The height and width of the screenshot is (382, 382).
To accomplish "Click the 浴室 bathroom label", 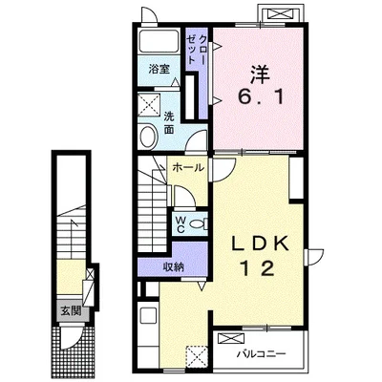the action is [159, 69].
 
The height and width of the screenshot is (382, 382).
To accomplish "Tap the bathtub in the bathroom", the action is [159, 41].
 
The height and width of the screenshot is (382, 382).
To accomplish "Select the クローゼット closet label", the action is [196, 50].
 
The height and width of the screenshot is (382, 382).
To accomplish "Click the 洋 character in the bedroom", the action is [260, 75].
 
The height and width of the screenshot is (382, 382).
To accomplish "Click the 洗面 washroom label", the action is [169, 123].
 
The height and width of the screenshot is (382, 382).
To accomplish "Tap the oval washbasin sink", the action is [149, 137].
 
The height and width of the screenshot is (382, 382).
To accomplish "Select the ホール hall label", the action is [188, 167].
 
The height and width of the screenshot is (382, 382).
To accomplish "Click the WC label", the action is [180, 224].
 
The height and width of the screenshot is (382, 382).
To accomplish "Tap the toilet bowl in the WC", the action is [199, 224].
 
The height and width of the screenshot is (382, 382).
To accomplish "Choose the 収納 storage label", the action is [174, 266].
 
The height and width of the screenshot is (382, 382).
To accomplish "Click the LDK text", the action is [260, 244].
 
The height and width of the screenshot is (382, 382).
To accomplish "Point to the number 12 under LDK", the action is [259, 268].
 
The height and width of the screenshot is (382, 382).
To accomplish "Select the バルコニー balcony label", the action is [262, 353].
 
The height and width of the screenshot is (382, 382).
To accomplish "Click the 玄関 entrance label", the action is [71, 310].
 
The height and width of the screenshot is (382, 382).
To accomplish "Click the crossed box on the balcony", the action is [230, 338].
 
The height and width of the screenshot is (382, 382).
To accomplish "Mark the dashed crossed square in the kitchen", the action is [197, 357].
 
